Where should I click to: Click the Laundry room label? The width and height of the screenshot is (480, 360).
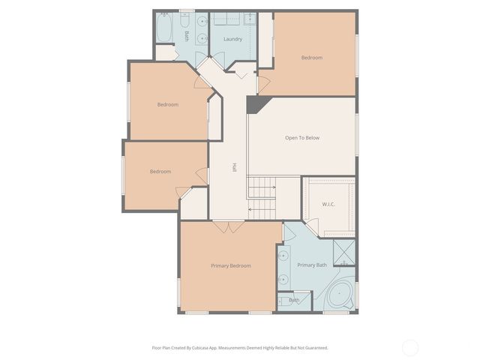point(232,38)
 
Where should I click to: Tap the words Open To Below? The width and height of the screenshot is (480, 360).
point(302,138)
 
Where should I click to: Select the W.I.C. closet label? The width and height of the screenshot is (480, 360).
point(328,204)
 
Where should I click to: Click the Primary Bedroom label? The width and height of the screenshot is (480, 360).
point(230,265)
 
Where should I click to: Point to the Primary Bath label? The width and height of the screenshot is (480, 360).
point(312,265)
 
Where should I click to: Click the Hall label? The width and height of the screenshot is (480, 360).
point(234,168)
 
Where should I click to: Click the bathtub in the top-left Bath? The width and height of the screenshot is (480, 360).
point(165,30)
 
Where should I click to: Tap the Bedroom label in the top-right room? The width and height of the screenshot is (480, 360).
point(312,58)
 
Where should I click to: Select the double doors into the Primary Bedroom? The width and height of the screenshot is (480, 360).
point(227,226)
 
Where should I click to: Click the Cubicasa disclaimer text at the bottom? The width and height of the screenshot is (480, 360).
point(240,347)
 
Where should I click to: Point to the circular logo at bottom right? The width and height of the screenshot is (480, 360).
point(410,347)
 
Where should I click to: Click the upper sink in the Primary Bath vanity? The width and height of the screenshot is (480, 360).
point(284,256)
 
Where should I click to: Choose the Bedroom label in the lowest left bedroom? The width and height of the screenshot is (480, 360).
point(160,172)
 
